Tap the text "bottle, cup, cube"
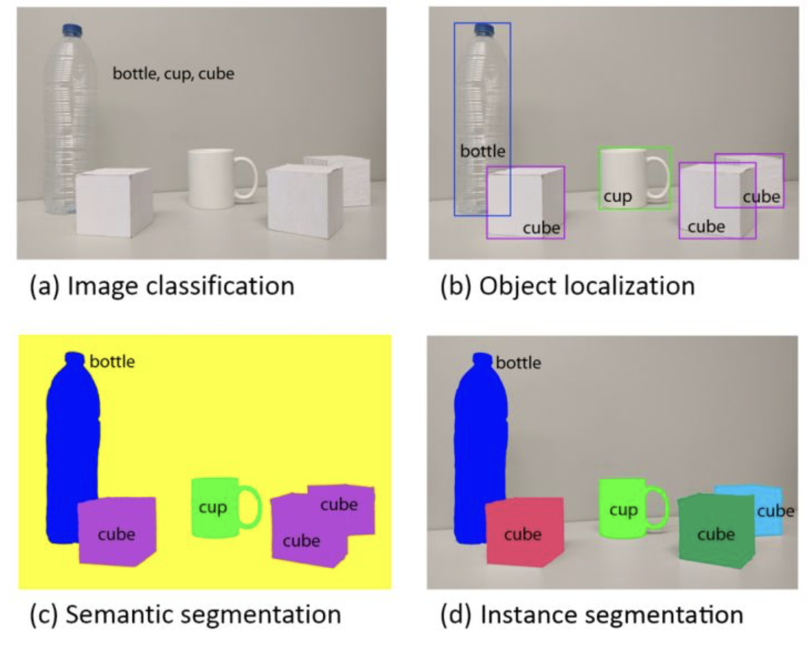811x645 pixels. [x=173, y=74]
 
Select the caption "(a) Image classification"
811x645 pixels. [x=162, y=286]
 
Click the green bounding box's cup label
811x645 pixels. [x=618, y=197]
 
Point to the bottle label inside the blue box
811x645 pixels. [x=482, y=152]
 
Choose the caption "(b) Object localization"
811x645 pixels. [x=567, y=286]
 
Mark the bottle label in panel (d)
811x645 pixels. [x=518, y=363]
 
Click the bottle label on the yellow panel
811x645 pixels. [x=112, y=362]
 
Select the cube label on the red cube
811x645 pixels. [x=523, y=534]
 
